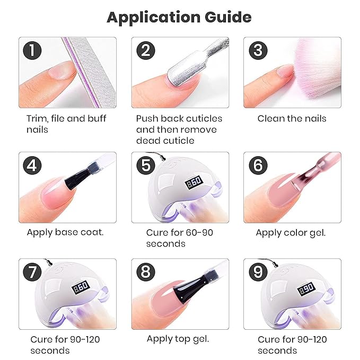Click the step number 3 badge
pyautogui.click(x=258, y=51)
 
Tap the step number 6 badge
pyautogui.click(x=258, y=166)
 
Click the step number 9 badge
pyautogui.click(x=258, y=273)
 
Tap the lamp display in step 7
pyautogui.click(x=81, y=288)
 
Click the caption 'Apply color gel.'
pyautogui.click(x=291, y=232)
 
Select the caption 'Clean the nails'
pyautogui.click(x=292, y=118)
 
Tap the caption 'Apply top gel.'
pyautogui.click(x=178, y=339)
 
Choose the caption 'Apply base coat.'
pyautogui.click(x=65, y=232)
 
